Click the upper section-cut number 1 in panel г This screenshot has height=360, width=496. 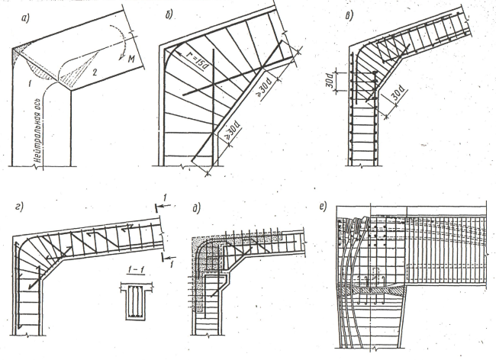pyautogui.click(x=169, y=199)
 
